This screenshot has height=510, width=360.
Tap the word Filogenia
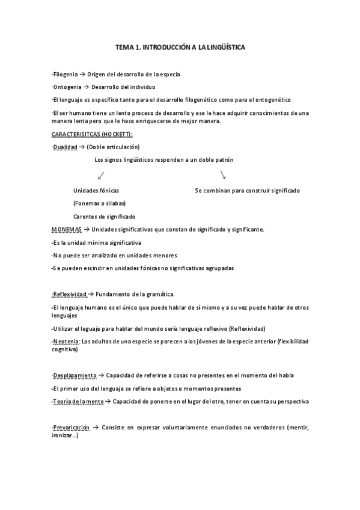pyautogui.click(x=65, y=75)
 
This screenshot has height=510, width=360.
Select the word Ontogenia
pyautogui.click(x=66, y=87)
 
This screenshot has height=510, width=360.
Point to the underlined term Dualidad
pyautogui.click(x=65, y=147)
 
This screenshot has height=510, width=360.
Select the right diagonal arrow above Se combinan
pyautogui.click(x=222, y=175)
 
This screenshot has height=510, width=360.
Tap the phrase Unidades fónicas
pyautogui.click(x=96, y=190)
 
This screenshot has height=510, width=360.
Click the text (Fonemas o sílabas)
pyautogui.click(x=99, y=203)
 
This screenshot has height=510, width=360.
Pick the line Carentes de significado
pyautogui.click(x=104, y=217)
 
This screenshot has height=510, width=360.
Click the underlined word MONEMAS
pyautogui.click(x=66, y=229)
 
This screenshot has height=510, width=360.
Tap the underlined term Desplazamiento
pyautogui.click(x=74, y=375)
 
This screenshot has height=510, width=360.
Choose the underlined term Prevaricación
pyautogui.click(x=71, y=428)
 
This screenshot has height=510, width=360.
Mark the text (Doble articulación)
pyautogui.click(x=113, y=147)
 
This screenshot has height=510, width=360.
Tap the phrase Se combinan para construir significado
pyautogui.click(x=247, y=190)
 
